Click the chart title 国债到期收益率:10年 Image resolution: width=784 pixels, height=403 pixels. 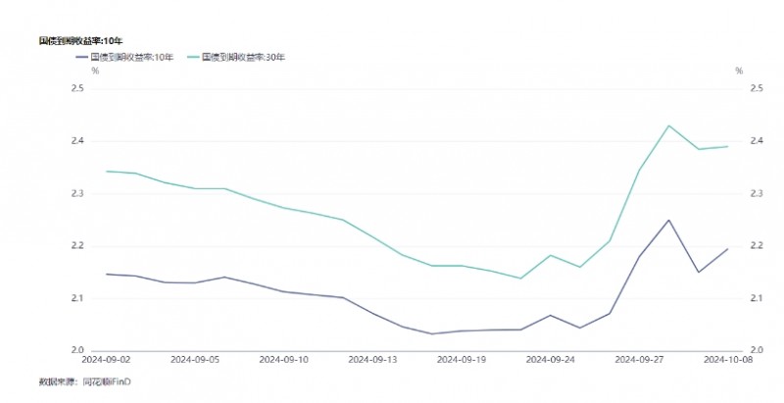point(80,40)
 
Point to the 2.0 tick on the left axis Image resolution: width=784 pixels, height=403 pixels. point(77,350)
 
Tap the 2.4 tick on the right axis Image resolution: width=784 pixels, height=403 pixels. point(756,141)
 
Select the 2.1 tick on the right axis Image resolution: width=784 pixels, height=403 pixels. point(756,298)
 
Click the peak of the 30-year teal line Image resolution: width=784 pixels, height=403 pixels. point(668,126)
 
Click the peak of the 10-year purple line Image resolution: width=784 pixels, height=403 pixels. point(668,220)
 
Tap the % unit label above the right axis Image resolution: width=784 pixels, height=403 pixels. point(740,71)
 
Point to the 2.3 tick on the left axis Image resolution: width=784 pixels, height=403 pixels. point(77,193)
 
